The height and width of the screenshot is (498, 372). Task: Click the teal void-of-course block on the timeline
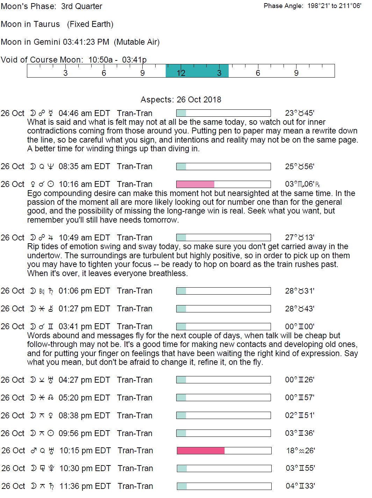pyautogui.click(x=197, y=71)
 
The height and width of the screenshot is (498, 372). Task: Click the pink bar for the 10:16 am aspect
pyautogui.click(x=195, y=184)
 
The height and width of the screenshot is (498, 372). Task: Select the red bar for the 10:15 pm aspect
pyautogui.click(x=200, y=450)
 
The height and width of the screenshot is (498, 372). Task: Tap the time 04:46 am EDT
pyautogui.click(x=84, y=113)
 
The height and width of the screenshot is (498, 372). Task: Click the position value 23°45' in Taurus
pyautogui.click(x=299, y=113)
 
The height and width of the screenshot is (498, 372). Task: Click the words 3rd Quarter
pyautogui.click(x=81, y=6)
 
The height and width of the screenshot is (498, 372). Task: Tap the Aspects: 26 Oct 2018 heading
pyautogui.click(x=181, y=100)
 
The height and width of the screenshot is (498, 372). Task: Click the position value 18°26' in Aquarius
pyautogui.click(x=300, y=450)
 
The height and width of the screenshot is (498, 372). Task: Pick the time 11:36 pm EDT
pyautogui.click(x=85, y=486)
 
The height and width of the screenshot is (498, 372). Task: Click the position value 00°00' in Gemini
pyautogui.click(x=299, y=326)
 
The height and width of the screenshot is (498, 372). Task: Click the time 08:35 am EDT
pyautogui.click(x=84, y=166)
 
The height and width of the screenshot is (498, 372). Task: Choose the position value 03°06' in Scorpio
pyautogui.click(x=302, y=184)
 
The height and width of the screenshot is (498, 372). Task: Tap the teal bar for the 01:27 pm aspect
pyautogui.click(x=181, y=309)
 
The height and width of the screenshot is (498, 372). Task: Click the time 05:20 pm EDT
pyautogui.click(x=84, y=398)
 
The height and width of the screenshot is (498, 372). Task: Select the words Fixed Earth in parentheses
pyautogui.click(x=90, y=24)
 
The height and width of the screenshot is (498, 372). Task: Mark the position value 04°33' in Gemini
pyautogui.click(x=300, y=486)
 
